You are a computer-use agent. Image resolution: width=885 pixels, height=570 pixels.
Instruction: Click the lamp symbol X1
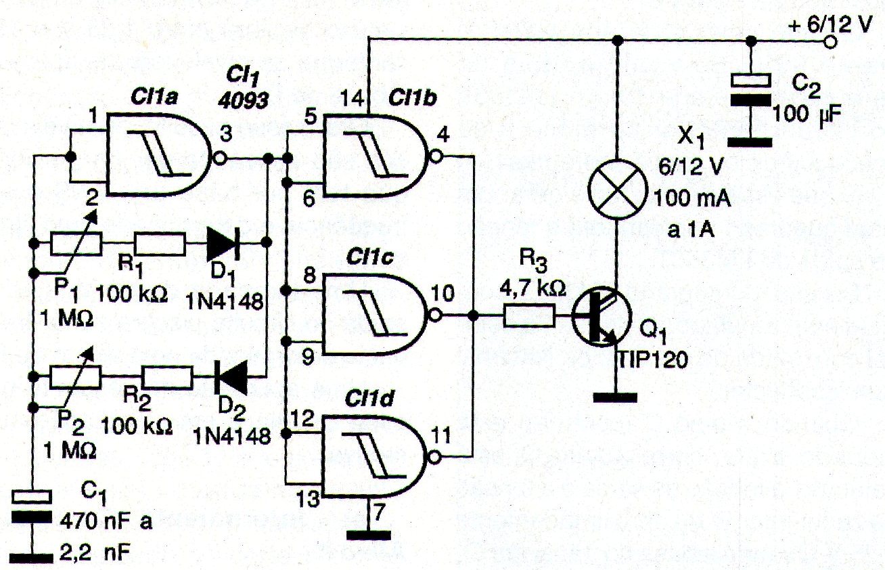[618, 189]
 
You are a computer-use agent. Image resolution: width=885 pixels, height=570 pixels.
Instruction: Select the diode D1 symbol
[223, 243]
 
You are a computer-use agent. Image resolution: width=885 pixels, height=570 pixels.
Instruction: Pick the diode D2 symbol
[231, 378]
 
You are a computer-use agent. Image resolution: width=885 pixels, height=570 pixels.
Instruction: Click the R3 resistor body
[529, 316]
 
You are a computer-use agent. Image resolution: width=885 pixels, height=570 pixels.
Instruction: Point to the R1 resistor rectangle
[160, 243]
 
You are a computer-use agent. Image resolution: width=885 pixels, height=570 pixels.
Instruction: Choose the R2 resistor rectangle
[168, 378]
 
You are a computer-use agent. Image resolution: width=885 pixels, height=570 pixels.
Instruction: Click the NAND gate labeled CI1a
[160, 155]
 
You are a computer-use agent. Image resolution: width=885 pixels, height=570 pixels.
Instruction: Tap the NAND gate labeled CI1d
[376, 456]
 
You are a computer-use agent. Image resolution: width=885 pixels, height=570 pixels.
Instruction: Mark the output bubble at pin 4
[435, 157]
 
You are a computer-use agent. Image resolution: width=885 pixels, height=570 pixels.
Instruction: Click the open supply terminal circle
[830, 41]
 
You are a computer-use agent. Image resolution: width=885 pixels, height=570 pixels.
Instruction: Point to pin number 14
[352, 98]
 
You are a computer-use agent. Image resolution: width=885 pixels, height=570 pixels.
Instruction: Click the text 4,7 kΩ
[532, 289]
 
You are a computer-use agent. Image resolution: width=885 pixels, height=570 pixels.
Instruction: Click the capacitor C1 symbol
[32, 507]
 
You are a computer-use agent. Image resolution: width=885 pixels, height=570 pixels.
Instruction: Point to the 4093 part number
[243, 100]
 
